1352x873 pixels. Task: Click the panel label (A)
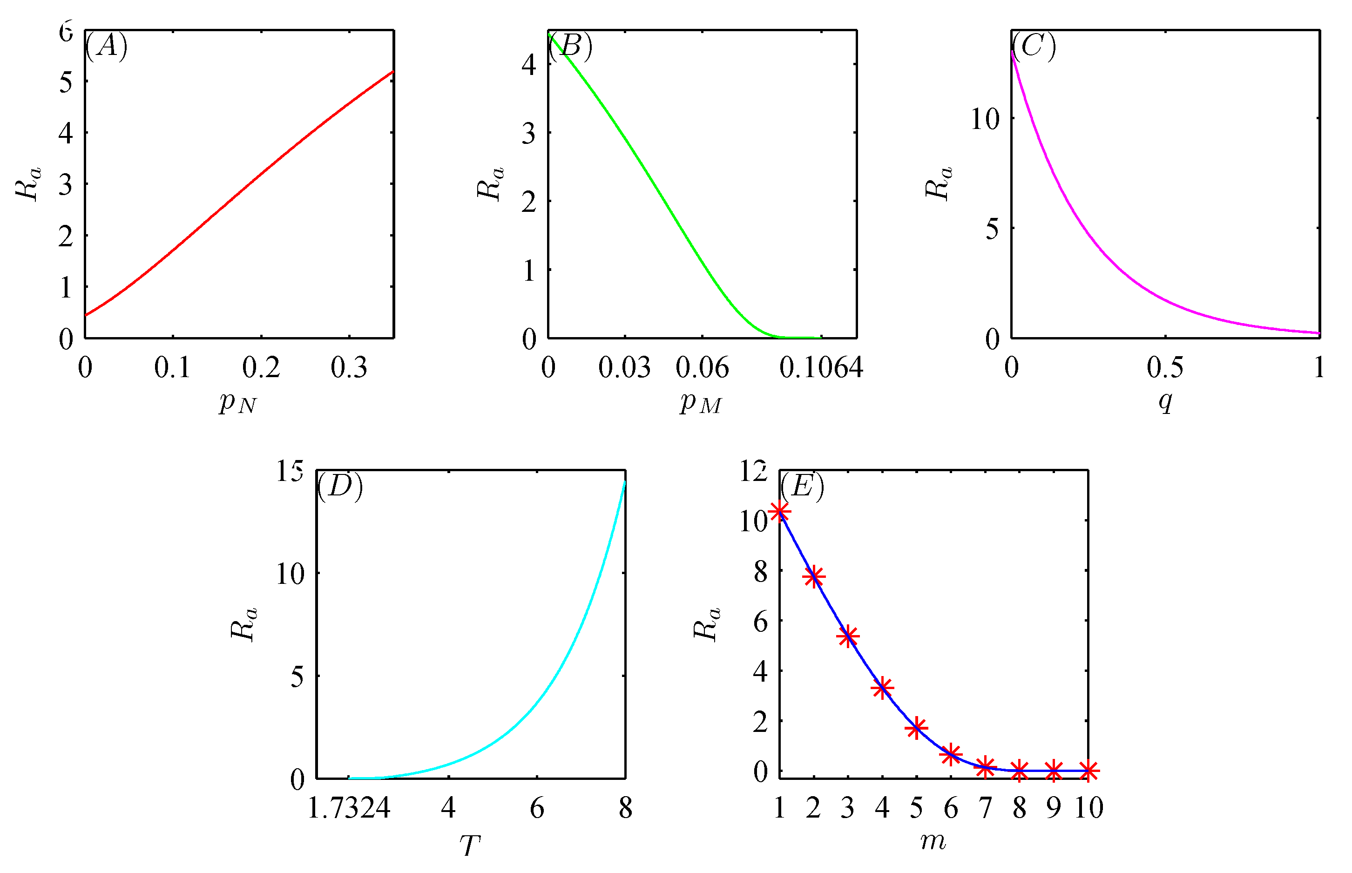tap(106, 45)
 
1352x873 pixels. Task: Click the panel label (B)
tap(570, 45)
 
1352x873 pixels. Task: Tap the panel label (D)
tap(339, 486)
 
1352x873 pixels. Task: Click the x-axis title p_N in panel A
tap(237, 402)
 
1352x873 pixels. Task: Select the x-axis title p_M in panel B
tap(701, 402)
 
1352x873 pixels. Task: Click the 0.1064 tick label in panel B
tap(820, 367)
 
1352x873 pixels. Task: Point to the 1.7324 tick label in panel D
tap(348, 808)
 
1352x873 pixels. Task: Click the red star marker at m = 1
tap(779, 512)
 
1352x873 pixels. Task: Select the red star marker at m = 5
tap(916, 728)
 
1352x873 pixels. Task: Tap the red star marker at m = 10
tap(1088, 771)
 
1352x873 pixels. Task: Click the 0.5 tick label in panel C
tap(1164, 367)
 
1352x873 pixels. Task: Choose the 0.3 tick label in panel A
tap(349, 367)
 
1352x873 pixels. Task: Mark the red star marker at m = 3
tap(847, 636)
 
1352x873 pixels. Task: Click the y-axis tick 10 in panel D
tap(290, 574)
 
